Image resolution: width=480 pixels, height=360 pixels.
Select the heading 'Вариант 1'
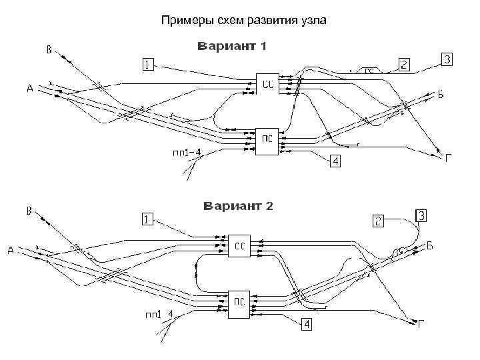click(x=231, y=47)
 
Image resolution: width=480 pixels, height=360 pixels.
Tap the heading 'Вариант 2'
click(x=238, y=205)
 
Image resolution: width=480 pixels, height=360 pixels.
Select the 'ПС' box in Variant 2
click(x=238, y=302)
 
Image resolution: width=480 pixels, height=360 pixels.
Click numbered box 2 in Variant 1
click(x=404, y=65)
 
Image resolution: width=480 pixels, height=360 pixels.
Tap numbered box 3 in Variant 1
click(x=447, y=60)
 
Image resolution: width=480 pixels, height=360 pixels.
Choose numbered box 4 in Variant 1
click(x=335, y=161)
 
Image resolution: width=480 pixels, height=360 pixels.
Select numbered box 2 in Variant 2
click(x=378, y=220)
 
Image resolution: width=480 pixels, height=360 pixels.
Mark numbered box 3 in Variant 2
click(x=422, y=215)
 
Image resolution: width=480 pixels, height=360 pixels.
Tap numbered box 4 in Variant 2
click(x=306, y=324)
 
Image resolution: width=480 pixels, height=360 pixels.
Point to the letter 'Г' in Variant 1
click(x=449, y=157)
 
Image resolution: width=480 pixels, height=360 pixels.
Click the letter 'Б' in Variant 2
click(x=430, y=246)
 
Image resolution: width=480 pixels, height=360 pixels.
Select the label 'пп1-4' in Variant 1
click(x=187, y=153)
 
